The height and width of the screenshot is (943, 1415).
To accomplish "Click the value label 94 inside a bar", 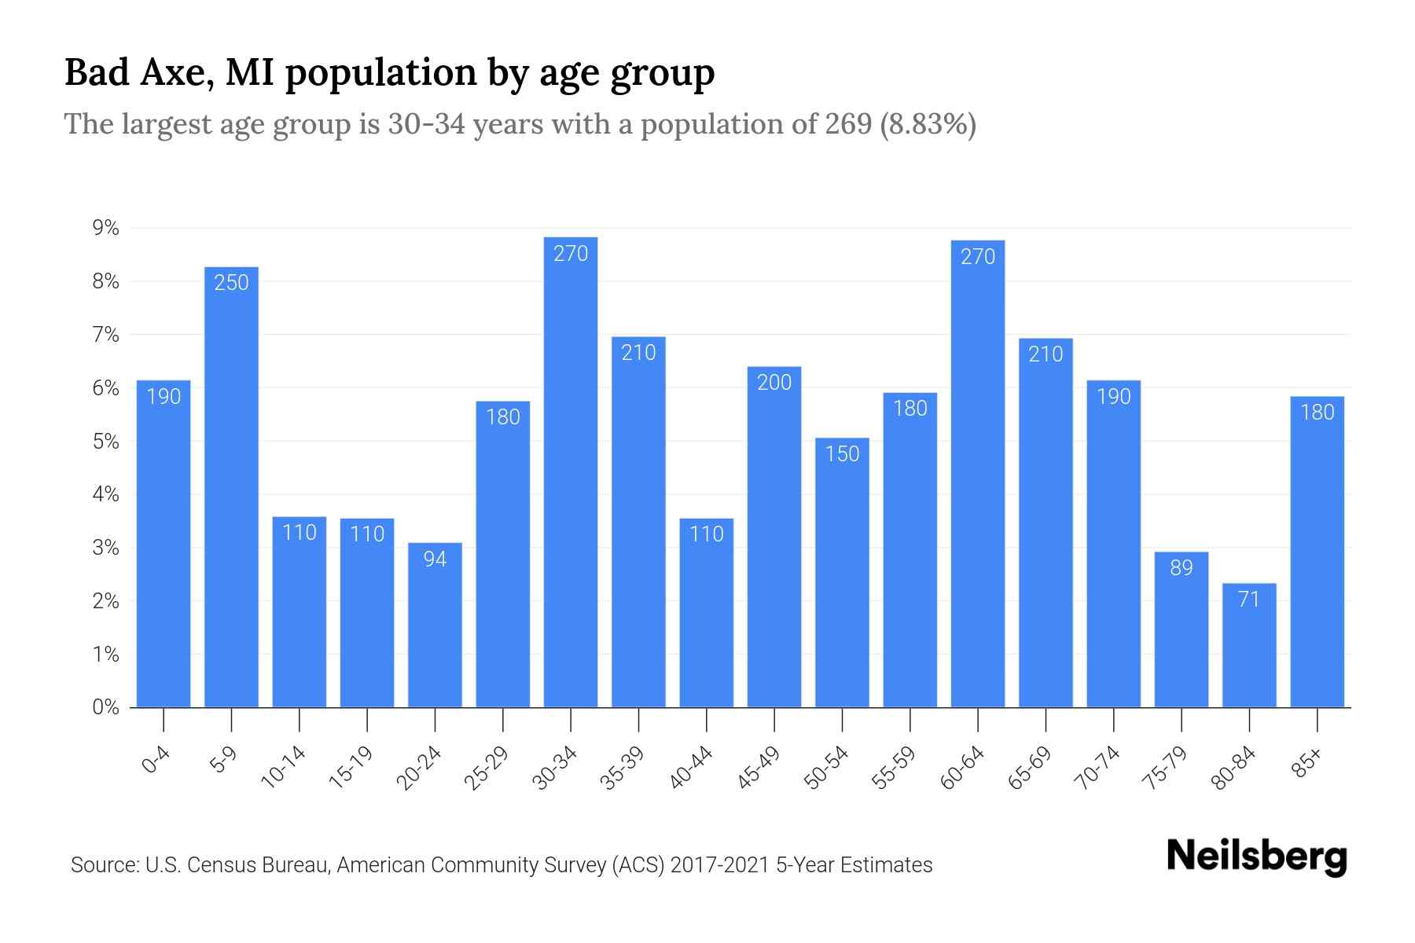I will (x=435, y=559).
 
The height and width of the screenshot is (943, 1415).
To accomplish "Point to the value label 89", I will (x=1182, y=567).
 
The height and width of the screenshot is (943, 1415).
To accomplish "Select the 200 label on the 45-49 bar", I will (x=774, y=383).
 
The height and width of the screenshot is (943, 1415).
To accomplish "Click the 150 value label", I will (x=842, y=454).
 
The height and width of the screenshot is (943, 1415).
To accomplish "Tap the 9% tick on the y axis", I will (x=105, y=229).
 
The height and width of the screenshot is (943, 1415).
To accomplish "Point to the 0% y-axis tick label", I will (x=105, y=707).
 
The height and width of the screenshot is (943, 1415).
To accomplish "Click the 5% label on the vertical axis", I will (x=105, y=442).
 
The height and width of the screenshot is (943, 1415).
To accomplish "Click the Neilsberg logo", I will (x=1256, y=857).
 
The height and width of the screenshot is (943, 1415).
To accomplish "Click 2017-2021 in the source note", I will (x=719, y=865).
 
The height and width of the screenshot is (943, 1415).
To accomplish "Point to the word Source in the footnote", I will (x=102, y=865).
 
